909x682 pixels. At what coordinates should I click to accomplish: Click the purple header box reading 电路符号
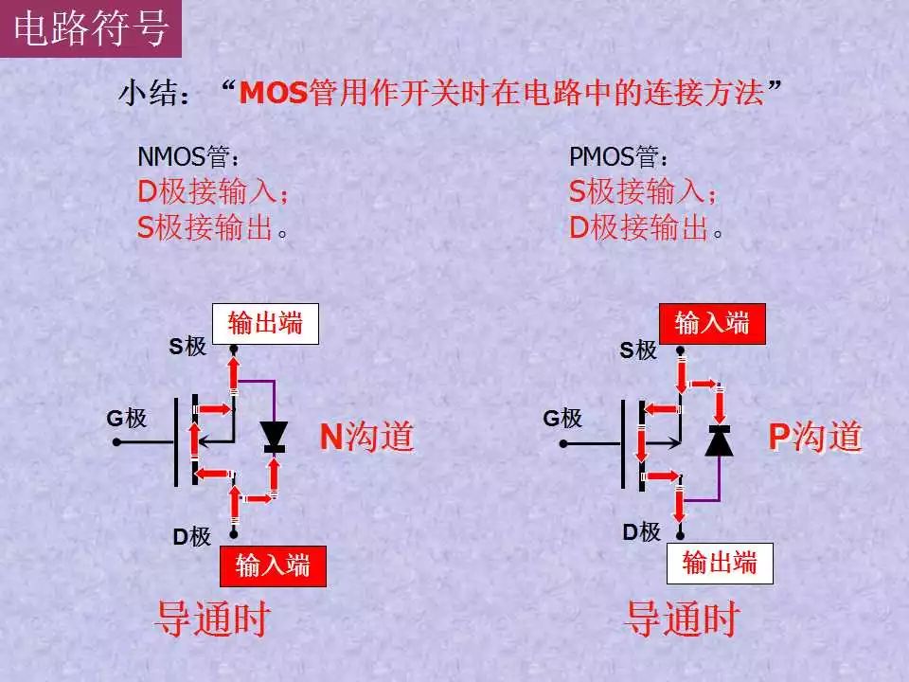click(91, 28)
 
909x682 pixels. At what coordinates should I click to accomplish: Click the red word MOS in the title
click(273, 93)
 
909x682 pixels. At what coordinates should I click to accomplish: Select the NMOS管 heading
click(187, 156)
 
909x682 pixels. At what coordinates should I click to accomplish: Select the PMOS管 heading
click(619, 156)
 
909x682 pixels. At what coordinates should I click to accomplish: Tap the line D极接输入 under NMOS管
click(213, 191)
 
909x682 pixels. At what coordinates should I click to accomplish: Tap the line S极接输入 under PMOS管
click(643, 191)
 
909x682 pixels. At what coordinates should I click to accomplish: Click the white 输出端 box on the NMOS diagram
click(265, 324)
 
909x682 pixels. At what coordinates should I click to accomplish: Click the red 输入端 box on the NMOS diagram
click(273, 566)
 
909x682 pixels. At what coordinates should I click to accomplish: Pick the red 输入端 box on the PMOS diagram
click(712, 324)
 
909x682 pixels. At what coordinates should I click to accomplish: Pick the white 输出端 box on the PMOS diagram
click(720, 563)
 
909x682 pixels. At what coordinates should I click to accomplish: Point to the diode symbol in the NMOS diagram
click(274, 437)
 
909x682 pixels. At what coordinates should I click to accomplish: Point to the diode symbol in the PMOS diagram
click(719, 440)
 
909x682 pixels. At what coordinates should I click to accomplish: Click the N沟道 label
click(367, 437)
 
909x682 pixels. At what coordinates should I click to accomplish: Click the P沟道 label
click(815, 437)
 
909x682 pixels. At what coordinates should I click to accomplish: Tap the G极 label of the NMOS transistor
click(126, 418)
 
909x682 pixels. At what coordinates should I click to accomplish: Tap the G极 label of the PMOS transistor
click(562, 418)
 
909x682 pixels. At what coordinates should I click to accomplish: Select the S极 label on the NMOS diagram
click(187, 347)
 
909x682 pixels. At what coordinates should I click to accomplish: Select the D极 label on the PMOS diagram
click(642, 532)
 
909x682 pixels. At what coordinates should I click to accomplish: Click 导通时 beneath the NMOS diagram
click(213, 619)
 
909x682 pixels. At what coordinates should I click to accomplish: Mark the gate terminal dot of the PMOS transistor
click(562, 443)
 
